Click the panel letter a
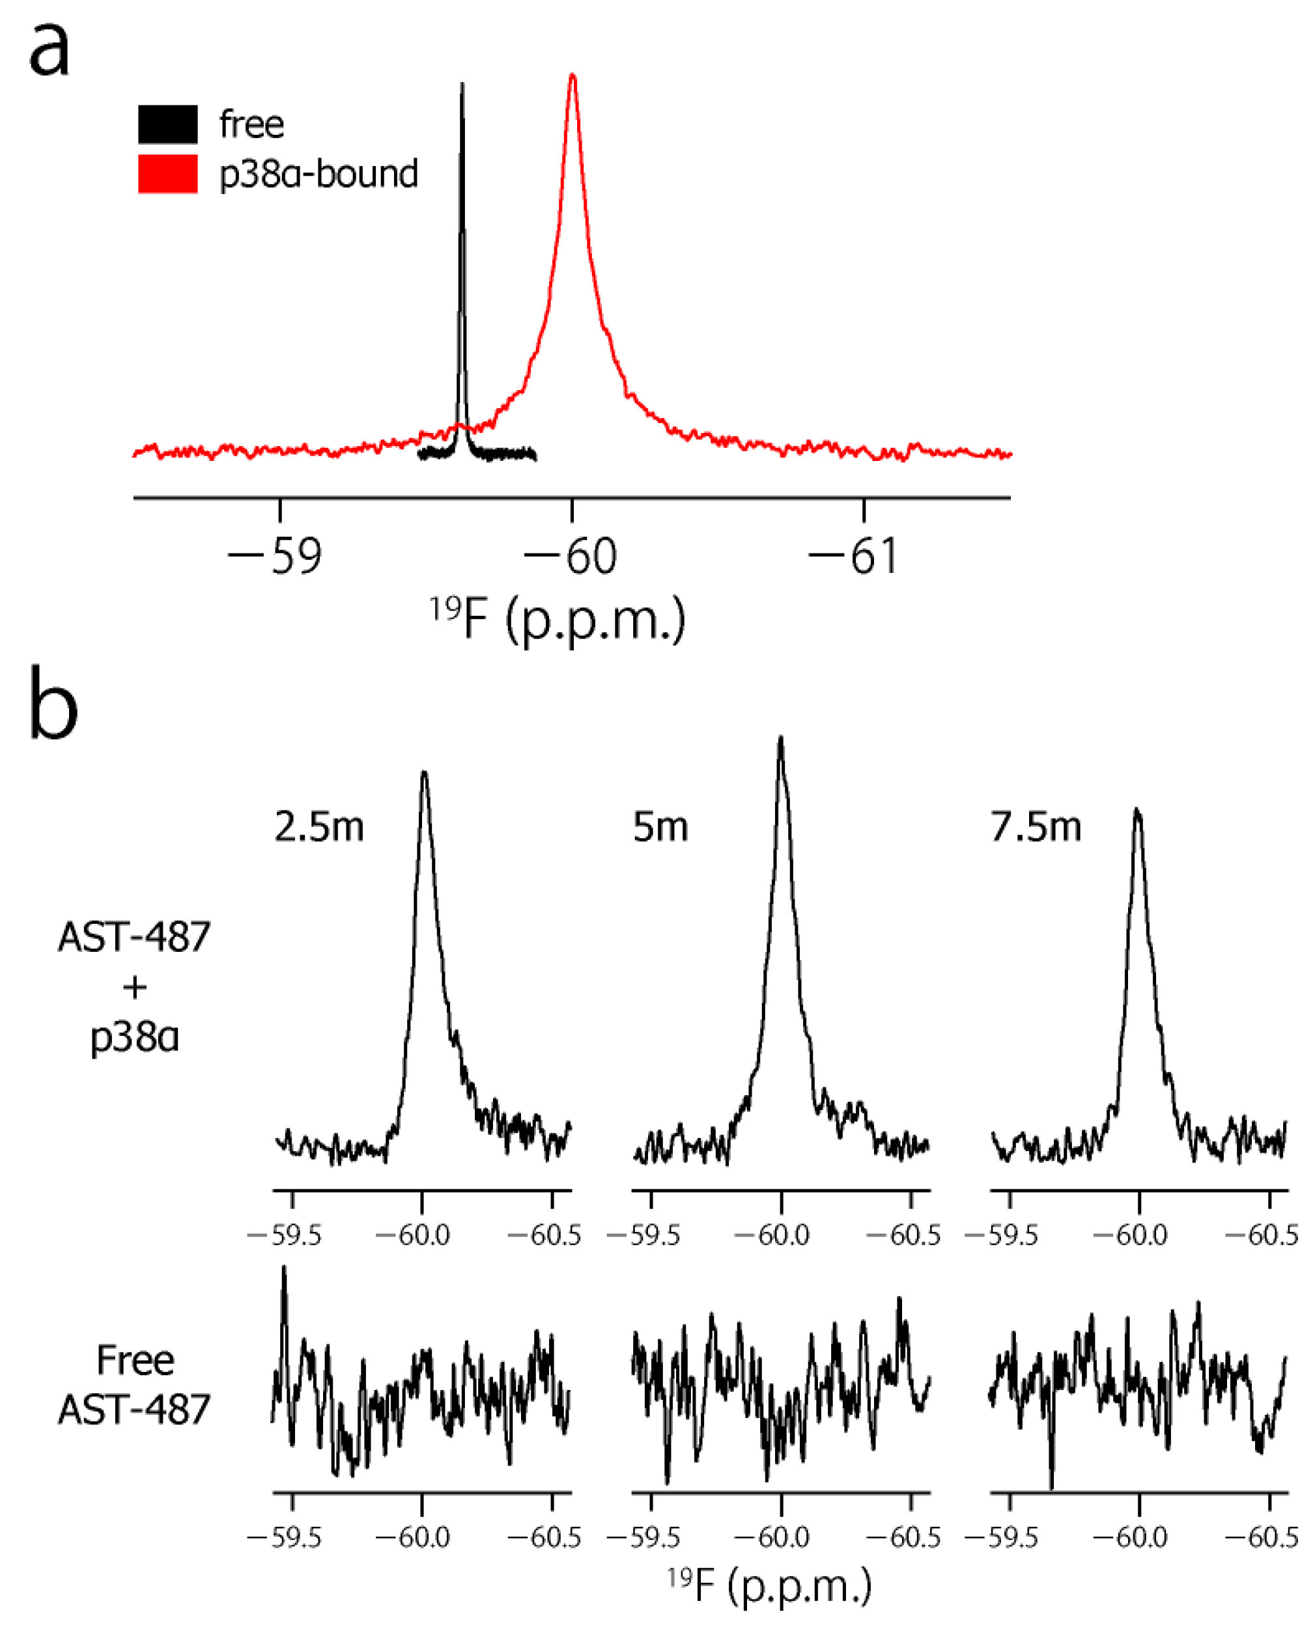pos(49,50)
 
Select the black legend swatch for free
pos(167,124)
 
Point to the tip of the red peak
pos(573,74)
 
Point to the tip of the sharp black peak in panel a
pos(462,84)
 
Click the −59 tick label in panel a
pos(276,557)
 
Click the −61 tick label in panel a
pos(855,557)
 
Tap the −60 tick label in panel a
pos(571,557)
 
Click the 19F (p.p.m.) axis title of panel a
pos(558,619)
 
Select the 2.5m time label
pos(319,827)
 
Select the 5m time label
pos(660,827)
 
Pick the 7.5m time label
pos(1036,827)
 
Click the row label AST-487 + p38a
pos(135,987)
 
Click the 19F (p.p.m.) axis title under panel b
pos(770,1586)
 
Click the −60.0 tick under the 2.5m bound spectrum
pos(414,1236)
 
